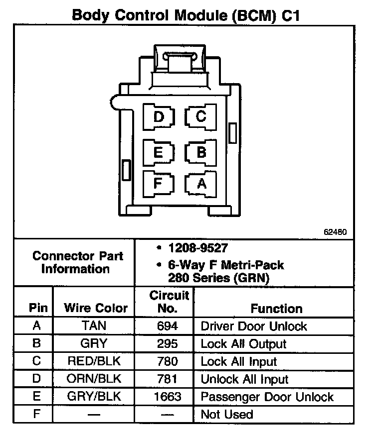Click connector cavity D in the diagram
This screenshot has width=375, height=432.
pyautogui.click(x=159, y=117)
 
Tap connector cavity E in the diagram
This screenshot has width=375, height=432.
pyautogui.click(x=158, y=152)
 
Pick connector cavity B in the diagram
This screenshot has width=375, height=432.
pyautogui.click(x=201, y=152)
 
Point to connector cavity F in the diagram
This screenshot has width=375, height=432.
pyautogui.click(x=158, y=183)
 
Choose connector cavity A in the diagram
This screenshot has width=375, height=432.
pyautogui.click(x=201, y=184)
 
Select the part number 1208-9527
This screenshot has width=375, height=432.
pyautogui.click(x=194, y=247)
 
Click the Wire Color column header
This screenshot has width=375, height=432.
pyautogui.click(x=96, y=308)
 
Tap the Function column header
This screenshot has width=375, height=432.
pyautogui.click(x=276, y=309)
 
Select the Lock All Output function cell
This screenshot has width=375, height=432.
pyautogui.click(x=243, y=344)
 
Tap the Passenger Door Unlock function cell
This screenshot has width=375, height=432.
pyautogui.click(x=267, y=397)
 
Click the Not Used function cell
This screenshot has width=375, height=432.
pyautogui.click(x=227, y=414)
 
